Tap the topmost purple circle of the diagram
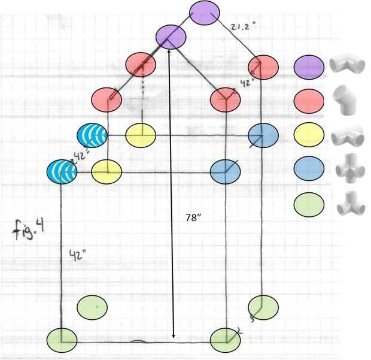click(205, 12)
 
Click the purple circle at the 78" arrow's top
click(171, 37)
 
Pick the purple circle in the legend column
click(309, 65)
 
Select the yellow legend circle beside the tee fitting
click(309, 136)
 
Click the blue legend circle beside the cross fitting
click(309, 171)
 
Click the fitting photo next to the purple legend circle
click(346, 64)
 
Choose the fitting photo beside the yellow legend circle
click(348, 136)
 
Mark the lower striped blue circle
click(62, 172)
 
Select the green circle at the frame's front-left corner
click(62, 340)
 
